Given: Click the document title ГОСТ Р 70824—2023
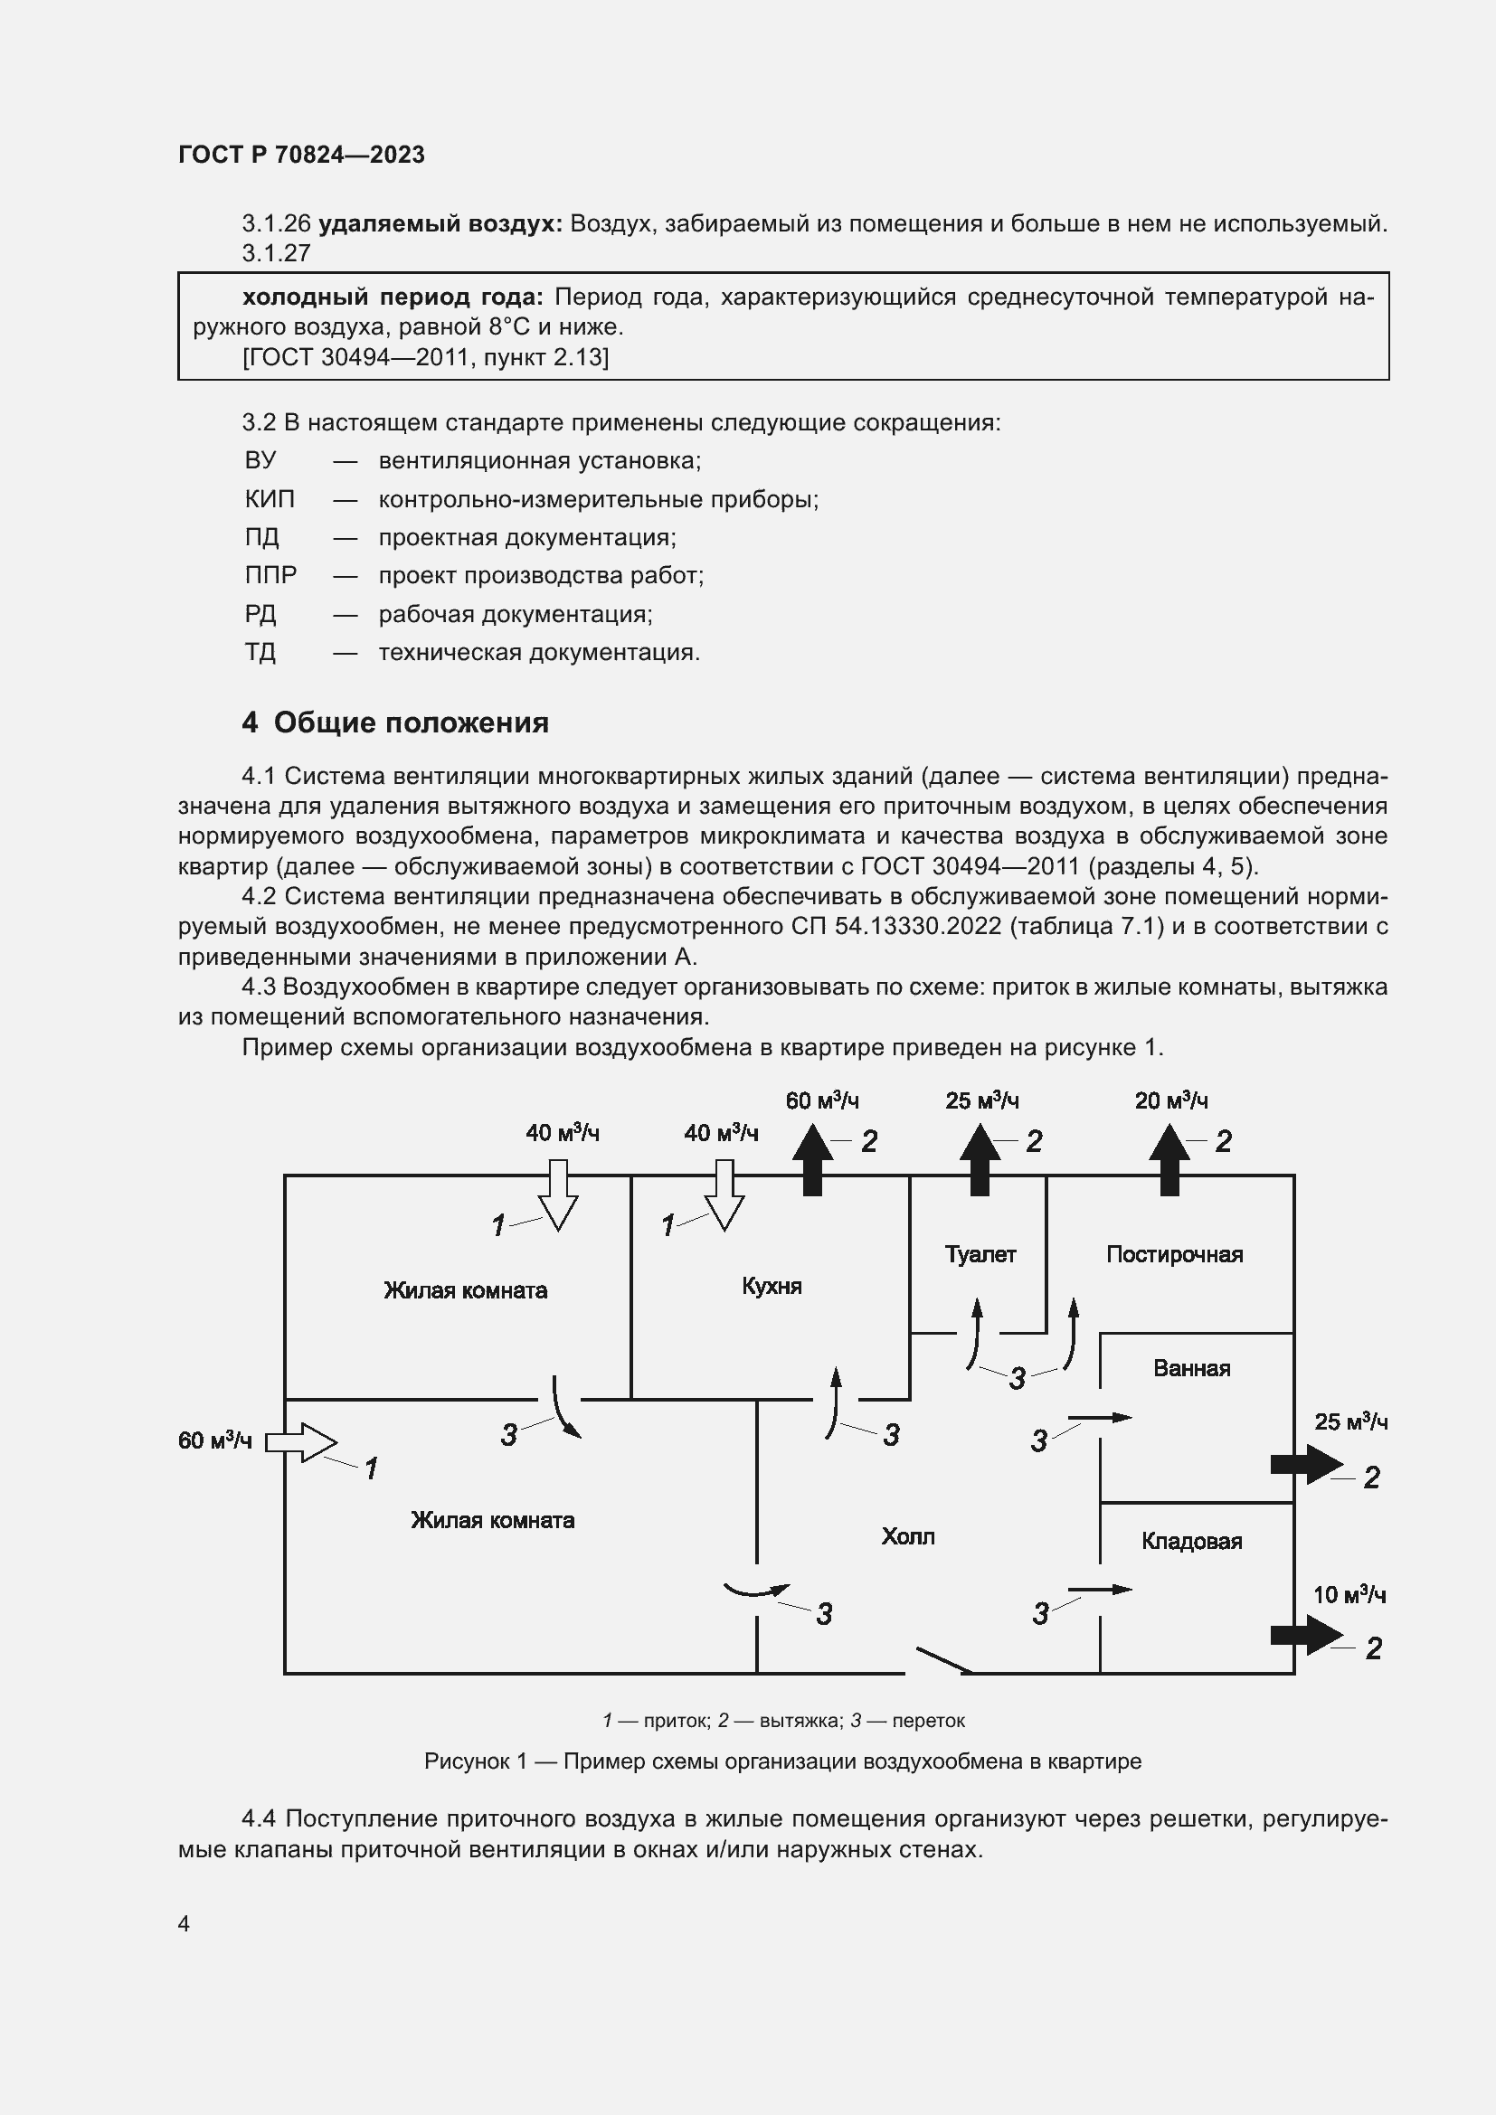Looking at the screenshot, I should pos(301,155).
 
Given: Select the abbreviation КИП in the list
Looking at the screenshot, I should pos(270,499).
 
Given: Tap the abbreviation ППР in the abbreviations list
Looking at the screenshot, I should pos(270,576).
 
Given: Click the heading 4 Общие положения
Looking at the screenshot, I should pos(395,723).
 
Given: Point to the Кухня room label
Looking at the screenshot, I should pos(772,1286).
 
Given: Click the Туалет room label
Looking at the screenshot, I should pos(980,1255).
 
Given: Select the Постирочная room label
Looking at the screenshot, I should pos(1175,1255).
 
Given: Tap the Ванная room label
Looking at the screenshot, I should pos(1191,1368).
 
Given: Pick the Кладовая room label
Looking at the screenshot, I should pos(1191,1541).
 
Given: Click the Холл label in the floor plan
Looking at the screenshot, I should pos(907,1536).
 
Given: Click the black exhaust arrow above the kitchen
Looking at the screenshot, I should pos(812,1163).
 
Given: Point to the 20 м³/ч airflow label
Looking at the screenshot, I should pos(1170,1100).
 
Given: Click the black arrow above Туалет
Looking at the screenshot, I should pos(980,1163).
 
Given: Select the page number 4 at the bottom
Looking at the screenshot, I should pos(185,1923).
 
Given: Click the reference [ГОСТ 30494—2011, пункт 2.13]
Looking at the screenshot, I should pos(426,357).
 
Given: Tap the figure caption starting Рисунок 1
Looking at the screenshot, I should pos(782,1761).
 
